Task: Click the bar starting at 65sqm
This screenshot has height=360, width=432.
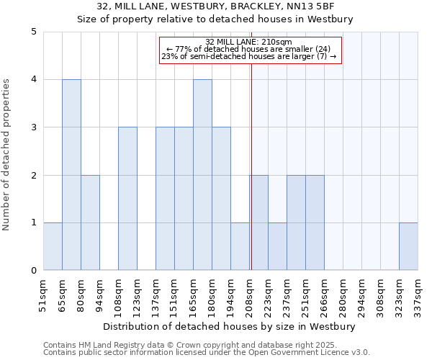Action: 71,175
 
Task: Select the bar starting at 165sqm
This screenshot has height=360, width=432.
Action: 202,175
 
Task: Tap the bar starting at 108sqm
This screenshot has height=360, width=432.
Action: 127,199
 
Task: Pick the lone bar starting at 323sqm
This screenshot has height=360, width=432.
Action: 408,246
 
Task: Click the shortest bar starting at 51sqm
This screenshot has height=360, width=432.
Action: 53,246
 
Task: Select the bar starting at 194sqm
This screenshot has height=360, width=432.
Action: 240,246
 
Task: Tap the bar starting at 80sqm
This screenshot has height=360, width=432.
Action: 90,222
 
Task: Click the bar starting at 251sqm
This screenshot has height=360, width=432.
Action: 315,222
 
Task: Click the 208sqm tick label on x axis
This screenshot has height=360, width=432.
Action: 250,293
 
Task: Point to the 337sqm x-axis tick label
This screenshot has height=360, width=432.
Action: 418,293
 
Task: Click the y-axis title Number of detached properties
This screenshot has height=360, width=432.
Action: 7,151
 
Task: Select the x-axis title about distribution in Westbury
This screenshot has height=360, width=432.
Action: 230,326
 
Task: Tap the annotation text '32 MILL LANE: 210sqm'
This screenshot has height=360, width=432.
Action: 248,42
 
